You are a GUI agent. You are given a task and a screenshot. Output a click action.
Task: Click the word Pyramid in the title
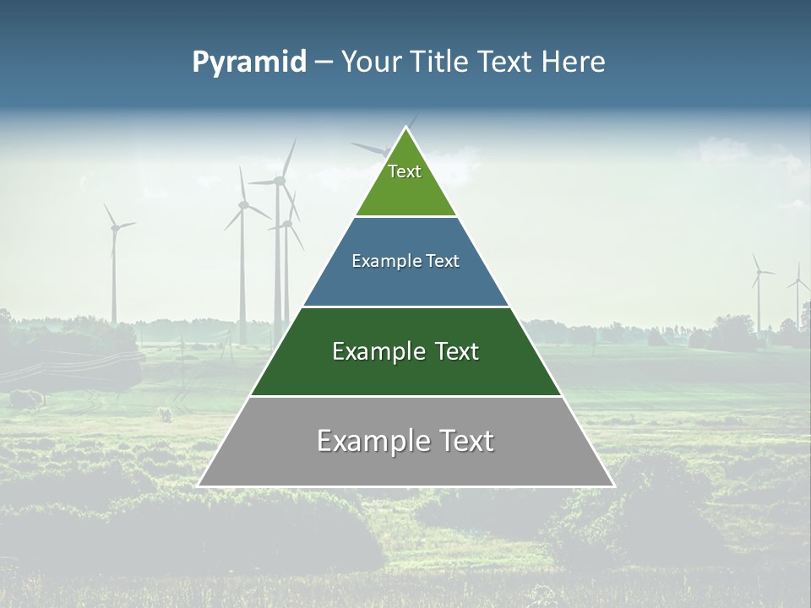(x=248, y=62)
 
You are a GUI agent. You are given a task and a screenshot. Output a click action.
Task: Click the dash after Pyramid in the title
(x=324, y=62)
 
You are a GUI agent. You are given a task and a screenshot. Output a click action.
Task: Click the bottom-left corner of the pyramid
(x=199, y=486)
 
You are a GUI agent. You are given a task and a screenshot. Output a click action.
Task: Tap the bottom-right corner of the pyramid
(x=613, y=486)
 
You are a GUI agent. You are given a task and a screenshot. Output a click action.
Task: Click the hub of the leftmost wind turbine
(x=113, y=226)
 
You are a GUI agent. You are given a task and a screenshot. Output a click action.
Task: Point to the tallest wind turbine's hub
(x=280, y=180)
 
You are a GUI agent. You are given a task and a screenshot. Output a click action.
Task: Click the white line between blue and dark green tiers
(x=405, y=307)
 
